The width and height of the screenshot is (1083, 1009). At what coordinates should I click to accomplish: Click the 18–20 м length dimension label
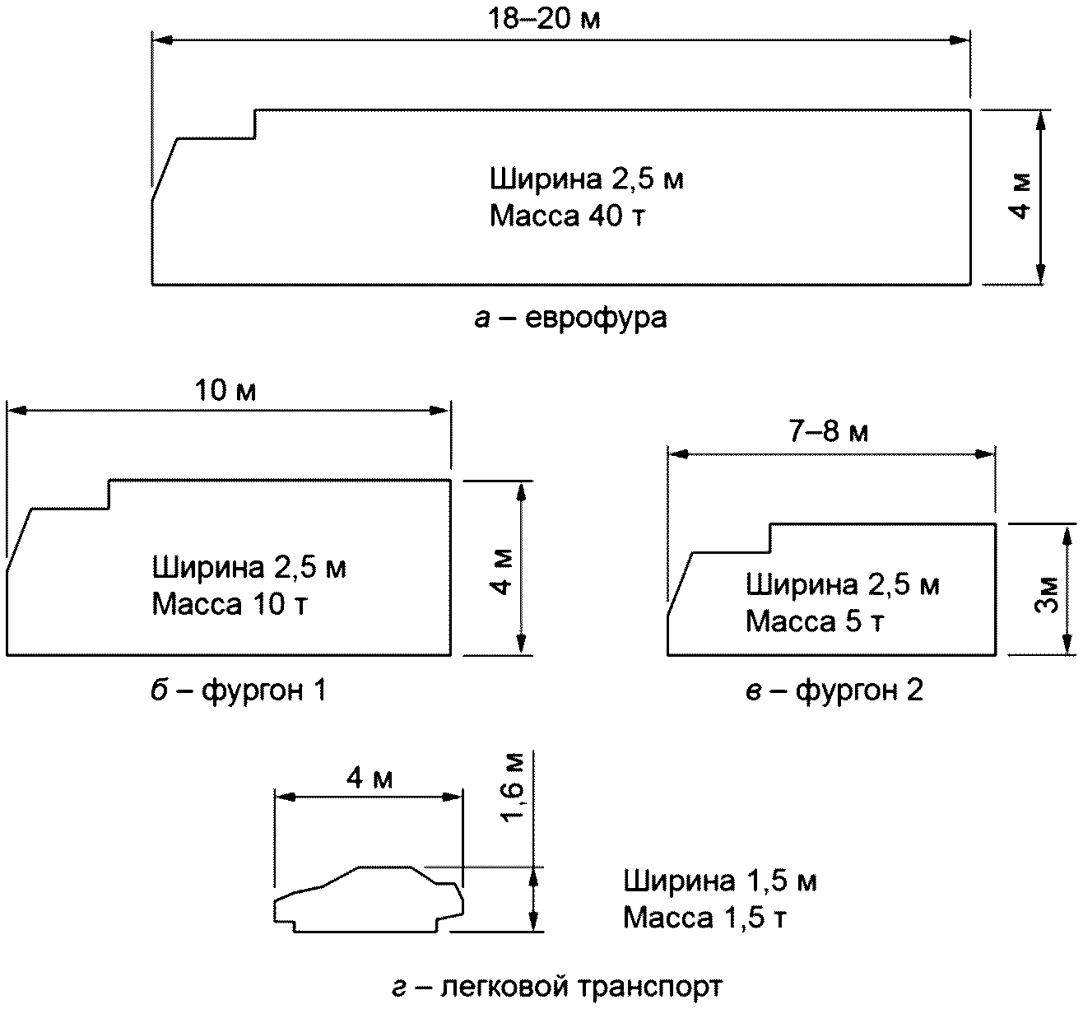pyautogui.click(x=544, y=19)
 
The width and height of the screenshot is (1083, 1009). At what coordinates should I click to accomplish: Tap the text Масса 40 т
pyautogui.click(x=567, y=216)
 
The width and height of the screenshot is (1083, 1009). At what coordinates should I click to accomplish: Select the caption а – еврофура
pyautogui.click(x=570, y=318)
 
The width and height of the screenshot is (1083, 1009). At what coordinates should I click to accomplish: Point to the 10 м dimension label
pyautogui.click(x=225, y=390)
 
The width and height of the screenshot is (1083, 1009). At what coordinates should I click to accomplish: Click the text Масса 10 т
pyautogui.click(x=230, y=604)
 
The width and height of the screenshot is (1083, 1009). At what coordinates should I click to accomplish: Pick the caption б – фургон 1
pyautogui.click(x=239, y=690)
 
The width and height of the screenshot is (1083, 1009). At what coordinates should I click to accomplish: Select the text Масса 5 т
pyautogui.click(x=815, y=621)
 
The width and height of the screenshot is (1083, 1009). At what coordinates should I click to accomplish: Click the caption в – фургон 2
pyautogui.click(x=834, y=690)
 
